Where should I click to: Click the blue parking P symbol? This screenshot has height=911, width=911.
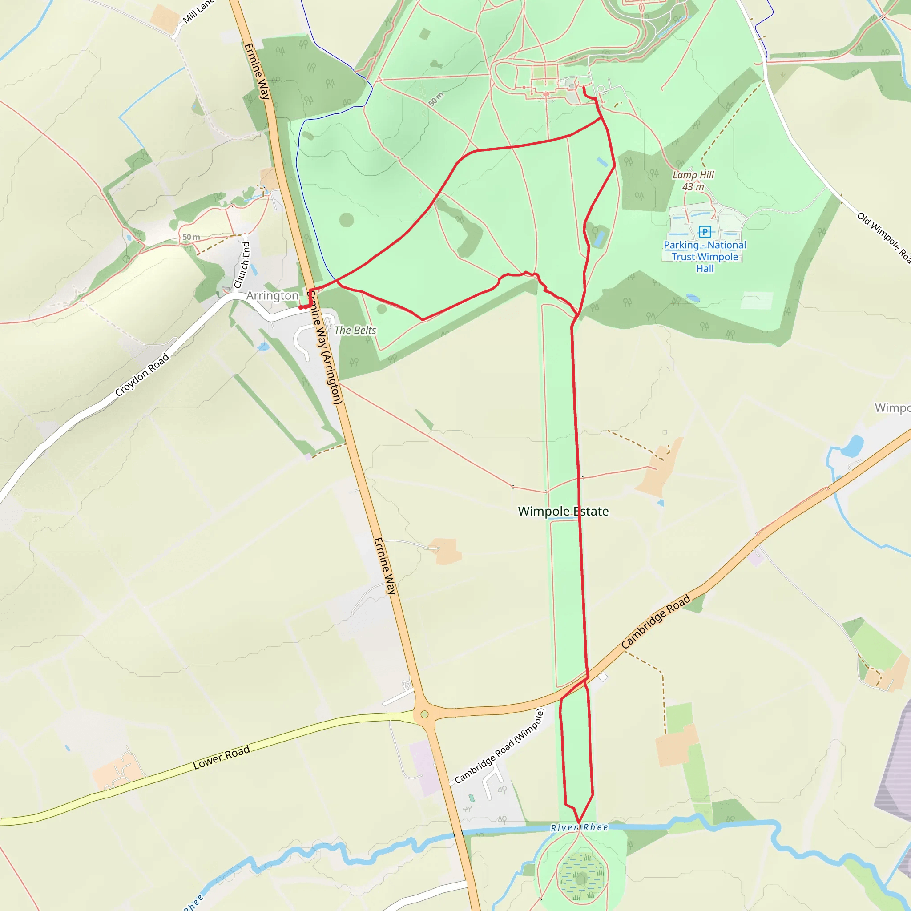click(x=705, y=231)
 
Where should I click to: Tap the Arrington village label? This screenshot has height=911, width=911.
click(x=272, y=296)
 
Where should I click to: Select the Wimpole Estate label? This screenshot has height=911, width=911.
click(x=563, y=511)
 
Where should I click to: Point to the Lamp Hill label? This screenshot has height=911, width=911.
click(x=693, y=175)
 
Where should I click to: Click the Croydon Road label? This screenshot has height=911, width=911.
click(x=142, y=375)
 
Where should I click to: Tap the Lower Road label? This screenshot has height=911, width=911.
click(x=221, y=758)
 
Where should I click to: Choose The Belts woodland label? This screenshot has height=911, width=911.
click(x=355, y=330)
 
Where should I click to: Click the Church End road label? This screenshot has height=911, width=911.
click(x=242, y=265)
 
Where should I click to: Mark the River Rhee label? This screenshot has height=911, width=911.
click(x=580, y=827)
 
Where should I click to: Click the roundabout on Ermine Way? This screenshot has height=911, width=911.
click(x=424, y=714)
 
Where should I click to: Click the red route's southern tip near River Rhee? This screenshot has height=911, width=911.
click(x=579, y=823)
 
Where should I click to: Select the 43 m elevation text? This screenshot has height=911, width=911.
click(x=693, y=187)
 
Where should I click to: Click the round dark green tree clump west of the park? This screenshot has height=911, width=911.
click(x=347, y=220)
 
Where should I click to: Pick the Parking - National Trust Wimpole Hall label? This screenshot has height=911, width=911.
click(x=705, y=257)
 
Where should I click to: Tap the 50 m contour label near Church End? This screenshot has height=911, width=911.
click(x=191, y=237)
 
